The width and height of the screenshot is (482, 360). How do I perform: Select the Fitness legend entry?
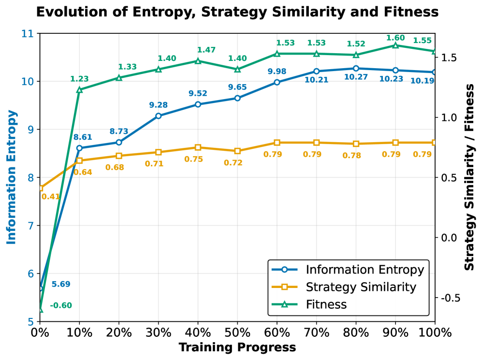(326, 304)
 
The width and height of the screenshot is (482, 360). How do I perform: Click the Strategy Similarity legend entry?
(361, 287)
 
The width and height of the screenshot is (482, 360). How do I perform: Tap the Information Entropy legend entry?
(365, 270)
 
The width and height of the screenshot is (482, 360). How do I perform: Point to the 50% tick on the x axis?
(237, 333)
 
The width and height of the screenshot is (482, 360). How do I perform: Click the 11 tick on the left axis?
(28, 34)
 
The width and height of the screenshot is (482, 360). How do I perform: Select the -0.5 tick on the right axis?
(449, 298)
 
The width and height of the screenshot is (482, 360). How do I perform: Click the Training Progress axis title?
(237, 347)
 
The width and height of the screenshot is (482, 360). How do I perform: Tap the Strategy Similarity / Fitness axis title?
(469, 177)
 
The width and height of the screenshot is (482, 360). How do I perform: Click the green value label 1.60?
(395, 37)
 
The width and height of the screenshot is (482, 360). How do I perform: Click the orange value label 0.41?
(50, 197)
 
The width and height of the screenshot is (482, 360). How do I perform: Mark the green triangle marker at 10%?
(79, 90)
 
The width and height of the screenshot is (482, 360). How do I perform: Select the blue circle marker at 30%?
(159, 116)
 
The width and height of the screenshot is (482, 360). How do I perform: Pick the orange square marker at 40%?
(198, 147)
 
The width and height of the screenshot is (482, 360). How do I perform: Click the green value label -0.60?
(60, 305)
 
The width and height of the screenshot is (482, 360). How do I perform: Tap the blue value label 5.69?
(61, 284)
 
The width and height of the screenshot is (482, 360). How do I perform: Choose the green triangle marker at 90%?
(395, 45)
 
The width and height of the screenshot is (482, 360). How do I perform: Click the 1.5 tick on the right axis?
(447, 58)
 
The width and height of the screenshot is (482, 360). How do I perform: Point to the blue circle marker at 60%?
(277, 82)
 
